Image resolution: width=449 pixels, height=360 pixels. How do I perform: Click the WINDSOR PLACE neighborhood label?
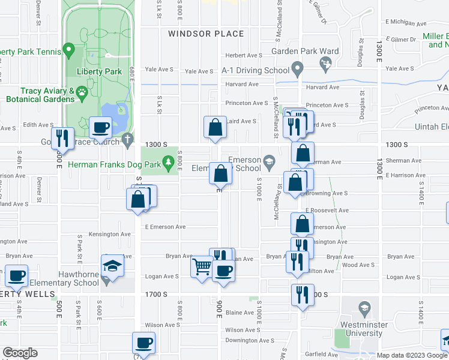[206, 34]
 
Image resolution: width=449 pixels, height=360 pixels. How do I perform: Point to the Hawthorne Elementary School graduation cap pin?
[112, 265]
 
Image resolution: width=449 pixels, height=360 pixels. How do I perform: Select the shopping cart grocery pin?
[202, 266]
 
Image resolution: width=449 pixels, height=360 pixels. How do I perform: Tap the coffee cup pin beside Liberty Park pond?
[100, 127]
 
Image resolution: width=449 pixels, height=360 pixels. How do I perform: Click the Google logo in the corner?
[20, 353]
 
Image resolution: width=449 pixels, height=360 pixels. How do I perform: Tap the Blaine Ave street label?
[240, 312]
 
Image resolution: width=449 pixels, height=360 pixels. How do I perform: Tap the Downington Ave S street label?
[250, 340]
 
